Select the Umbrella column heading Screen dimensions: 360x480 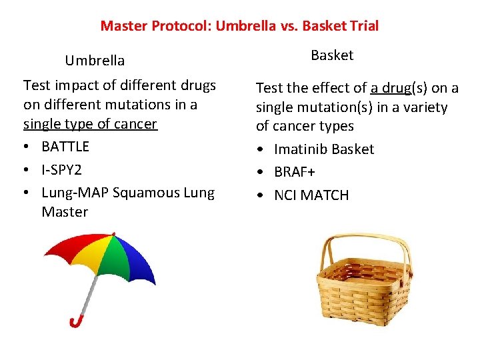[95, 61]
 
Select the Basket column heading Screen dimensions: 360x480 [332, 55]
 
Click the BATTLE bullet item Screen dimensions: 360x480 [65, 147]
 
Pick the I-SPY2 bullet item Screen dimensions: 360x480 [61, 169]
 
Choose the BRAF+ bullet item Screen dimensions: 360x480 [295, 172]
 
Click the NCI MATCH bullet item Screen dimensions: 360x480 [311, 195]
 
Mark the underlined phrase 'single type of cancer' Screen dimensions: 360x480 [90, 124]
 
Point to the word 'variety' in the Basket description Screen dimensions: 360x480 [425, 107]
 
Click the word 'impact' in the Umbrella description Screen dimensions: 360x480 [71, 85]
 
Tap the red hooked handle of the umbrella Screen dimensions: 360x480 [76, 322]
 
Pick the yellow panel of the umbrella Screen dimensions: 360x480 [97, 250]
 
